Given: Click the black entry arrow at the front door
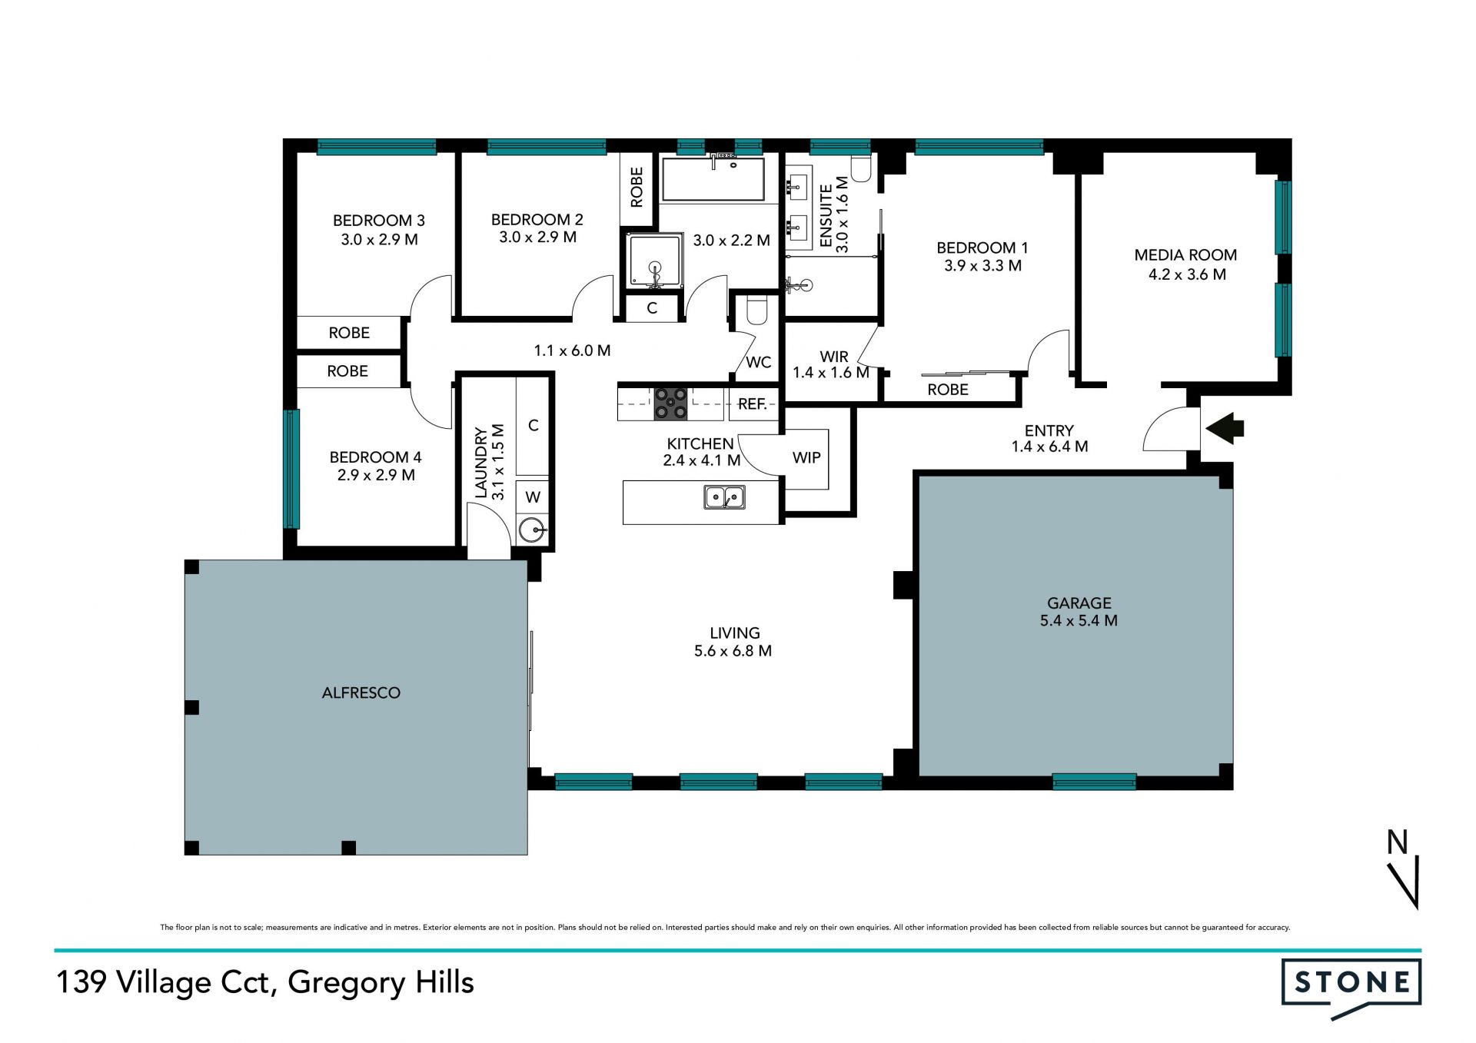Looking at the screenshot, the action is tap(1224, 428).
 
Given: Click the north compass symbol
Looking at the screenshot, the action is tap(1404, 869).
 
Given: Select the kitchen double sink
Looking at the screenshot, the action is tap(724, 497).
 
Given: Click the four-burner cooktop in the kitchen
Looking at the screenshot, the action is tap(671, 404).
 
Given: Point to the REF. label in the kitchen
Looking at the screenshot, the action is tap(753, 404).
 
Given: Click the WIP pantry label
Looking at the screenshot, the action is tap(806, 457).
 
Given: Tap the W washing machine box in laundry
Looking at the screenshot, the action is tap(533, 497).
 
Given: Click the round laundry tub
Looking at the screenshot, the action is tap(532, 530).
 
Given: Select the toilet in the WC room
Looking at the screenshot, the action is tap(757, 310).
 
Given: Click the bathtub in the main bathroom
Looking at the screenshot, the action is tap(713, 179).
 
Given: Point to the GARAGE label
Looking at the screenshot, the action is tap(1079, 603).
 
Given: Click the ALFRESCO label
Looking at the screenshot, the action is tap(361, 693).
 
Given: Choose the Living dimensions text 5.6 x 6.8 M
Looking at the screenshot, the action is tap(733, 651).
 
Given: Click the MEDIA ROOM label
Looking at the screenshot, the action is tap(1185, 255).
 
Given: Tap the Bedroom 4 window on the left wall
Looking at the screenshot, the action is tap(291, 469).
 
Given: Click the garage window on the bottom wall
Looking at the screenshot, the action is tap(1094, 782).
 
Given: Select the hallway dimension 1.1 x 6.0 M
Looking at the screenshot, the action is tap(572, 350).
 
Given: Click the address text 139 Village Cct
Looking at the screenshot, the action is tap(162, 982).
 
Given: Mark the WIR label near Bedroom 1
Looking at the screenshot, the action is tap(834, 357).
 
